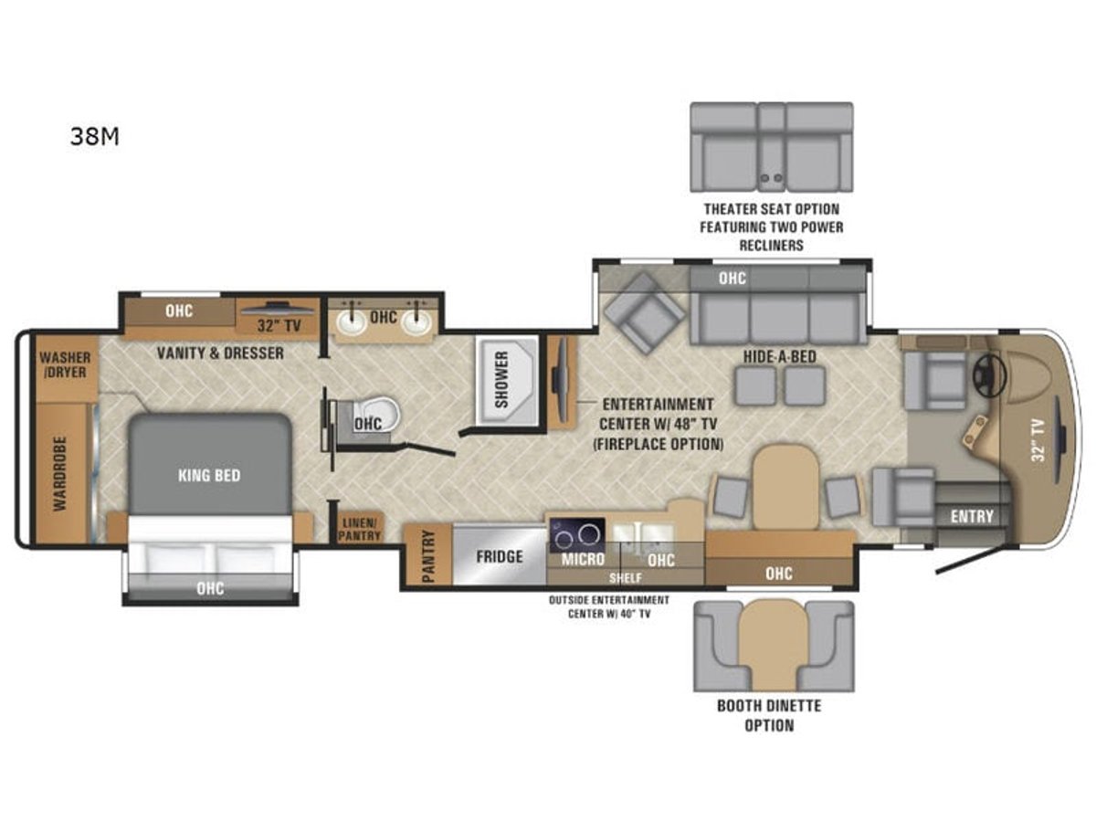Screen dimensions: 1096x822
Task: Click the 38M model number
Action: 94,136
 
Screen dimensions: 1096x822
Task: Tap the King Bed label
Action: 209,475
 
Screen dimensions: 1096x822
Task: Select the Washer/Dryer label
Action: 66,364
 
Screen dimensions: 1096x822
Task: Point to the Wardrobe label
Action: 60,474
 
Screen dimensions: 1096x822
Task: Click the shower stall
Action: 507,380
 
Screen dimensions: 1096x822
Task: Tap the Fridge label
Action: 500,556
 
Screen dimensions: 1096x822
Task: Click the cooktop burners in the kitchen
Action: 576,534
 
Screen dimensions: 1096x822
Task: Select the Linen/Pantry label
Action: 359,529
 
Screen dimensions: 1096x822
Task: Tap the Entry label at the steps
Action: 972,516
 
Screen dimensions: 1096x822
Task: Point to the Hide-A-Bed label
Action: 779,356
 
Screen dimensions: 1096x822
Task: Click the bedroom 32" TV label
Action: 279,326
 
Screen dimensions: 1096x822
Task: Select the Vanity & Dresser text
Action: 220,353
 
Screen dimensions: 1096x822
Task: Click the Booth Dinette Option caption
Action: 769,715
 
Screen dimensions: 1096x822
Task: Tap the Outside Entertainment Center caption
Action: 609,606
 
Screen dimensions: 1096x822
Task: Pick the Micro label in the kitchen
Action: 583,559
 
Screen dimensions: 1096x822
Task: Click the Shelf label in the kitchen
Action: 626,578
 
